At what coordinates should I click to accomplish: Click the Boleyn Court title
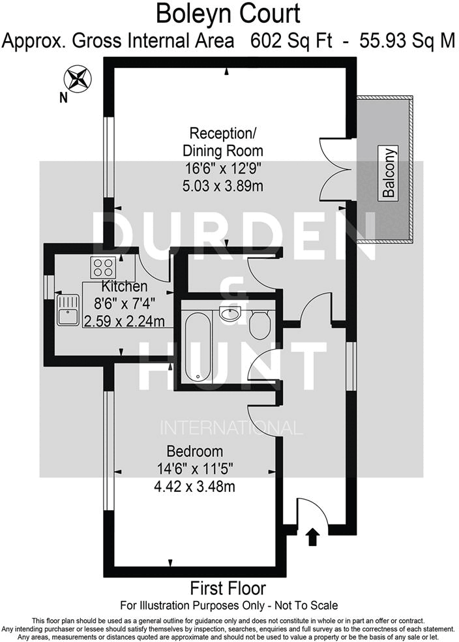(228, 13)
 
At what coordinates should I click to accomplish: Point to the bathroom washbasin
(231, 314)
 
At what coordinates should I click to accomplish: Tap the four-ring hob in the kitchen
(103, 267)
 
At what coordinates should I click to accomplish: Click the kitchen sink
(67, 310)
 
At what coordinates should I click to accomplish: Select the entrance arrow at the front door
(312, 536)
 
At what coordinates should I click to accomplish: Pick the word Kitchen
(124, 286)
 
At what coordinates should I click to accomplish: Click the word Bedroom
(194, 451)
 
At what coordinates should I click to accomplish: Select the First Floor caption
(228, 588)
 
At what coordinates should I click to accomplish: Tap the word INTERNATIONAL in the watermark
(231, 429)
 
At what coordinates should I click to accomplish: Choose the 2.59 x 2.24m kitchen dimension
(124, 320)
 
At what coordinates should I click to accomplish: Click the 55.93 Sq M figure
(400, 41)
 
